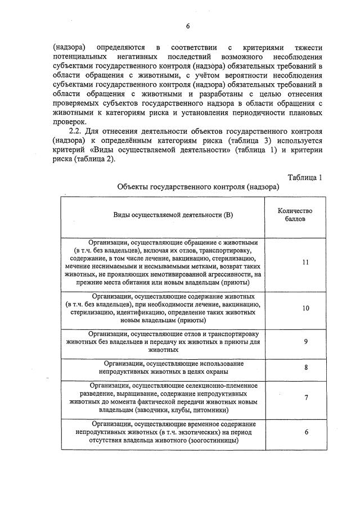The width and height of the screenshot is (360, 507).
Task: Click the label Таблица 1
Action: (304, 178)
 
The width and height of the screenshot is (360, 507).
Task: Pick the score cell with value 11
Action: (305, 262)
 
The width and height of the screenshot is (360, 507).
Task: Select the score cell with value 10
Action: (305, 308)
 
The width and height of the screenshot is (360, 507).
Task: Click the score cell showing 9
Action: (305, 341)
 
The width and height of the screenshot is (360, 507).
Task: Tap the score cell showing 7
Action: (305, 397)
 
